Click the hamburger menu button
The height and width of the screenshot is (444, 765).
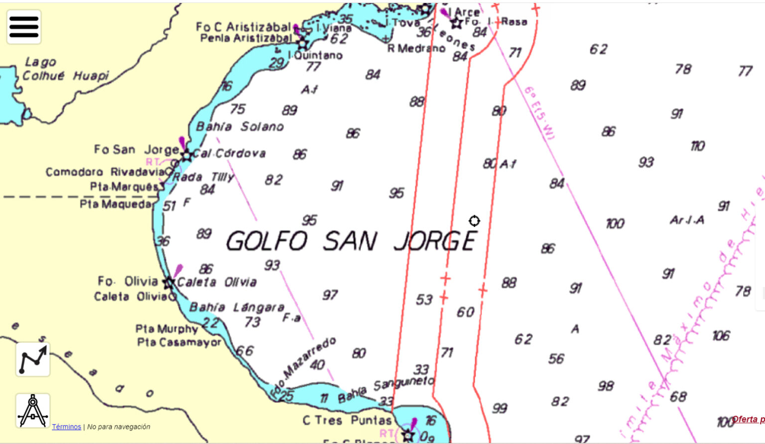[x=24, y=27]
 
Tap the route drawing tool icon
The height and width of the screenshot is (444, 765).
[x=33, y=359]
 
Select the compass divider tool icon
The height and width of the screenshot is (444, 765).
[x=33, y=411]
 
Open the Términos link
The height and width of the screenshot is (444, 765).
[x=66, y=427]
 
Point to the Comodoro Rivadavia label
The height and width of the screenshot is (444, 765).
[x=105, y=172]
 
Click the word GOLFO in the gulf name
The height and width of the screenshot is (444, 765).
[x=267, y=241]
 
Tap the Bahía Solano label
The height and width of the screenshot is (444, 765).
[x=240, y=127]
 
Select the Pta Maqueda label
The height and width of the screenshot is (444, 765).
[x=116, y=204]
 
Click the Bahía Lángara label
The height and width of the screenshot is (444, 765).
[x=237, y=307]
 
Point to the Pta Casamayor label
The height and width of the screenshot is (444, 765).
[x=179, y=342]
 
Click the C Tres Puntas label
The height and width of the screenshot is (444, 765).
[x=347, y=420]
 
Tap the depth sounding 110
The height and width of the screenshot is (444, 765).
[x=697, y=146]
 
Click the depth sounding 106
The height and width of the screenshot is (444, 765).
[x=721, y=336]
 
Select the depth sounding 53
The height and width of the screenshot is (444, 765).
[x=424, y=299]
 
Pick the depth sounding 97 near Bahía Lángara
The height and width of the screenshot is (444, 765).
[x=330, y=296]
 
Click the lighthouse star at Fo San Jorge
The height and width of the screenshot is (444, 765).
[x=186, y=155]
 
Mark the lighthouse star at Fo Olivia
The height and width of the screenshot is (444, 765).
[x=169, y=283]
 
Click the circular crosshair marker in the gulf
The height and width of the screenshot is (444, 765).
[x=474, y=221]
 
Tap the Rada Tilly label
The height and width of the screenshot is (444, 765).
[x=203, y=177]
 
